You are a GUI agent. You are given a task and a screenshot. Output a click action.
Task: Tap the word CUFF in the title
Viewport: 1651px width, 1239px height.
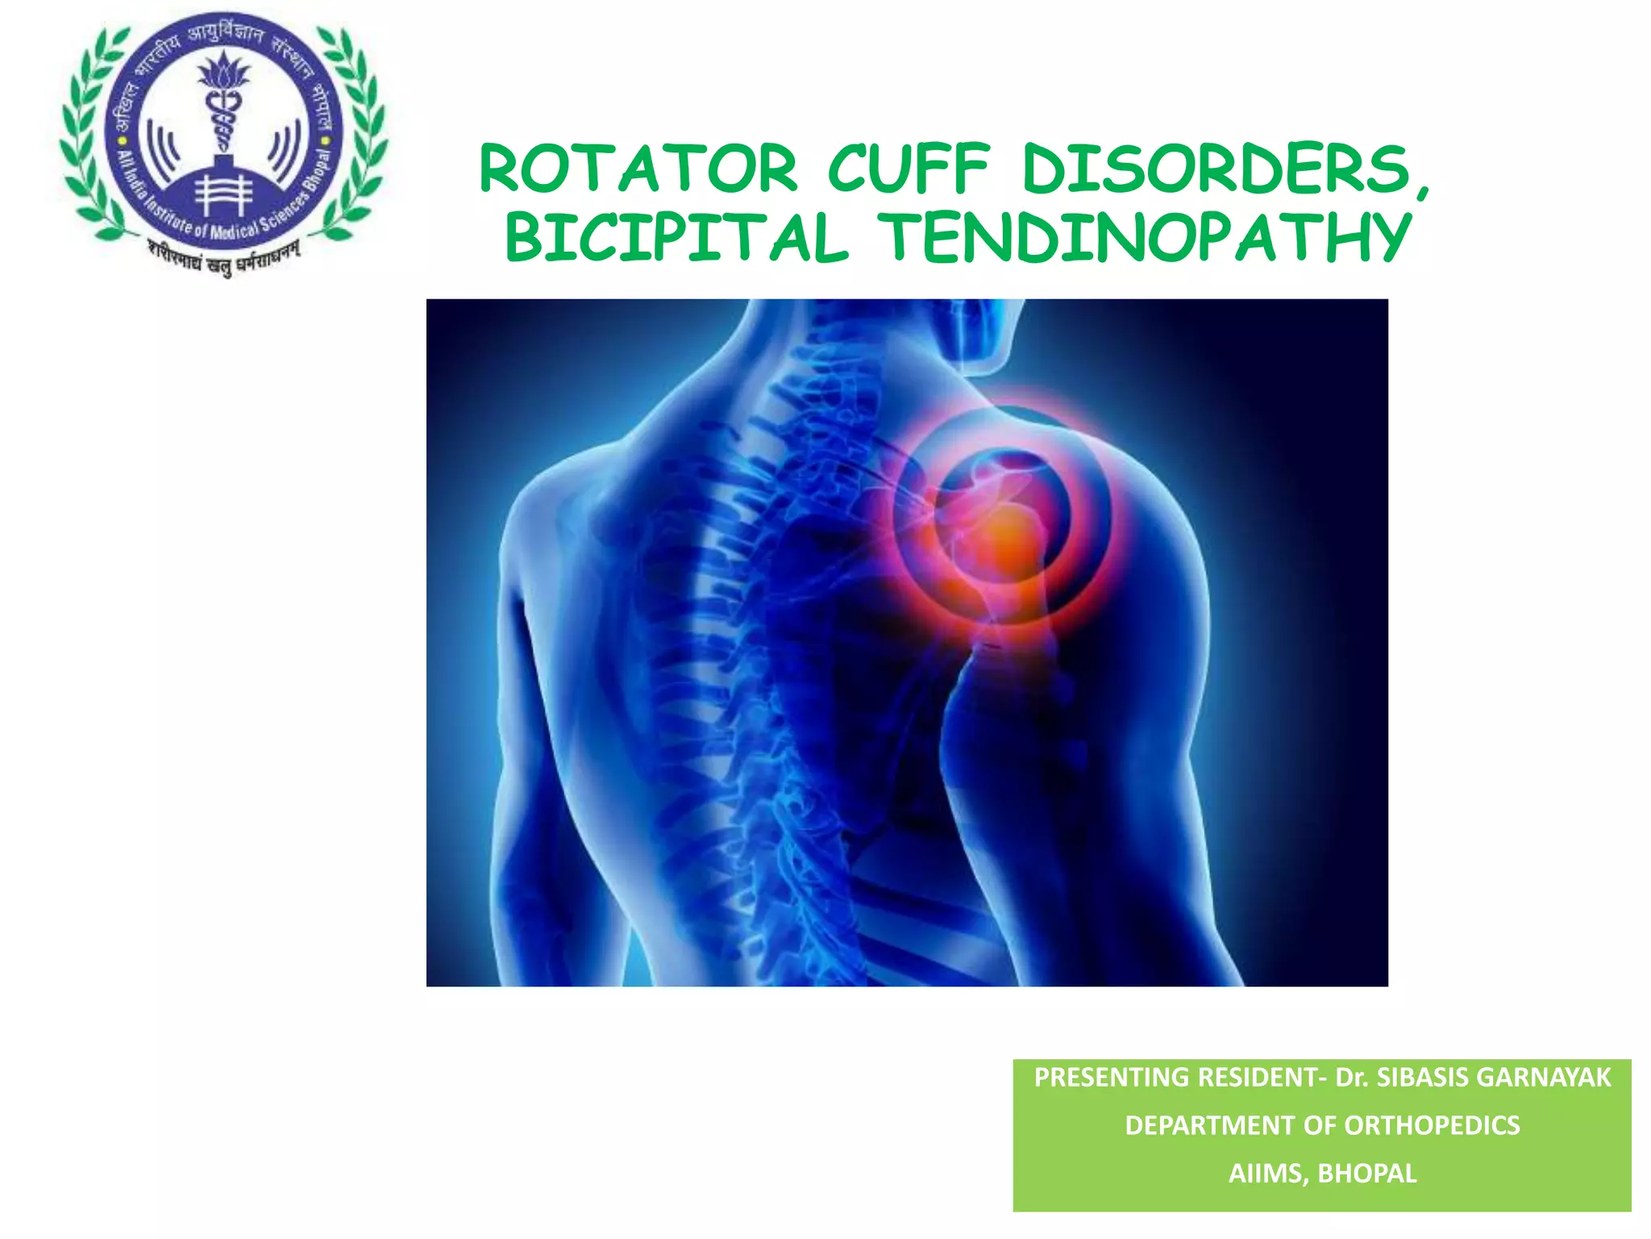(x=909, y=169)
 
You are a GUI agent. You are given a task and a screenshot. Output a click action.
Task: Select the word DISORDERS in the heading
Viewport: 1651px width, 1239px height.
(x=1216, y=169)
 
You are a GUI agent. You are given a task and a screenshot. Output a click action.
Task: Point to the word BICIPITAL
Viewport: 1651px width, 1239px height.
(x=676, y=238)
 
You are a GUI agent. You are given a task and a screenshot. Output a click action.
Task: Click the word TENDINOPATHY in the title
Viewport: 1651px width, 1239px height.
(x=1144, y=238)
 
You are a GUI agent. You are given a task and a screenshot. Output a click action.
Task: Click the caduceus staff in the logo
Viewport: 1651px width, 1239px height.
(x=223, y=121)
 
